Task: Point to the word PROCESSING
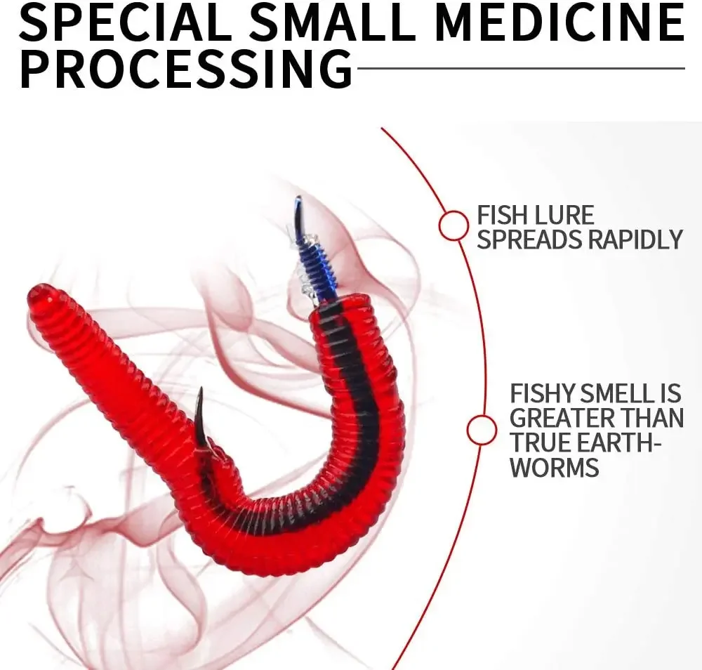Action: click(186, 69)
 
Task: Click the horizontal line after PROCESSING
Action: click(521, 69)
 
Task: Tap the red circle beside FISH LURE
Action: click(453, 225)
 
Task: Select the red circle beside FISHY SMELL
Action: click(482, 431)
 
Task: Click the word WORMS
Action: click(555, 467)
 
